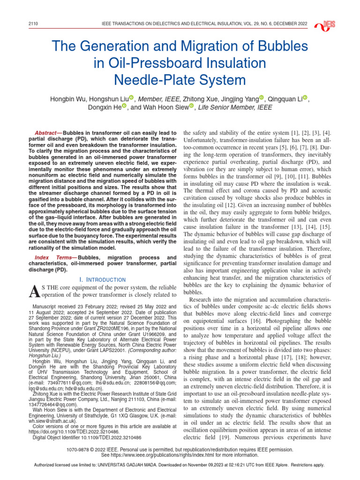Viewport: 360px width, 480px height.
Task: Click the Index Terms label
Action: click(55, 257)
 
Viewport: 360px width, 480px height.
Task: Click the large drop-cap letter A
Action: click(34, 292)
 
